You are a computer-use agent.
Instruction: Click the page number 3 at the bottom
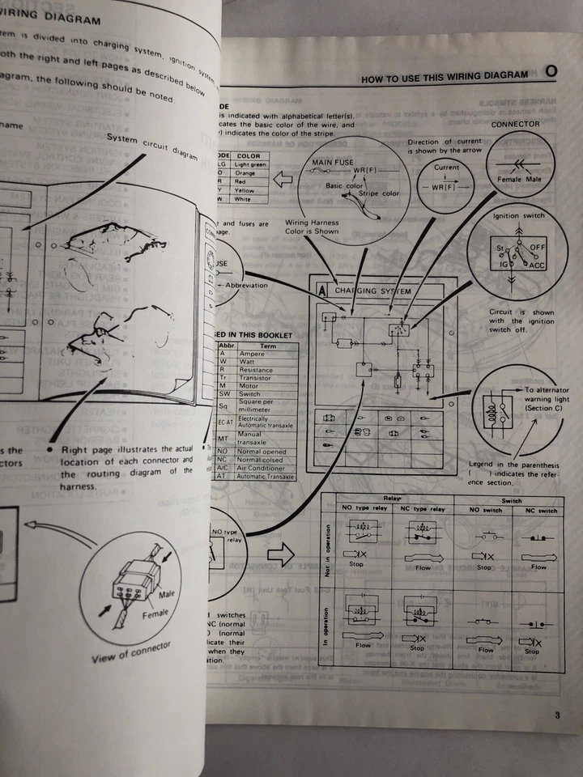pyautogui.click(x=557, y=715)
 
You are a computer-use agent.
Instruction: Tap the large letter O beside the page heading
pyautogui.click(x=551, y=73)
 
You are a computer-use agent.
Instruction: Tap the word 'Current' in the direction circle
pyautogui.click(x=446, y=168)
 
